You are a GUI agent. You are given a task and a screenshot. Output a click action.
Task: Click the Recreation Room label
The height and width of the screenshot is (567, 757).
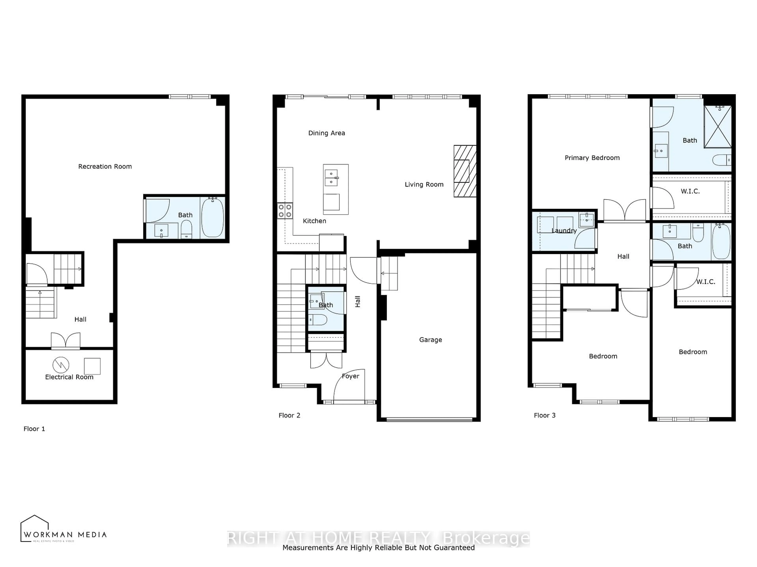pyautogui.click(x=105, y=166)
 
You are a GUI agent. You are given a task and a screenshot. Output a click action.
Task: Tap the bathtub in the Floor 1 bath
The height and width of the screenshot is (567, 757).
pyautogui.click(x=213, y=218)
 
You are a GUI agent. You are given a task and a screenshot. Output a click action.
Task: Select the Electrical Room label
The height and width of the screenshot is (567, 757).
pyautogui.click(x=69, y=377)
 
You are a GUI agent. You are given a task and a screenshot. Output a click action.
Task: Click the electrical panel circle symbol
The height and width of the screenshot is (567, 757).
pyautogui.click(x=61, y=365)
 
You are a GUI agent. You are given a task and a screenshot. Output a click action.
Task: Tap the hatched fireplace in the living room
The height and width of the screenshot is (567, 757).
pyautogui.click(x=465, y=171)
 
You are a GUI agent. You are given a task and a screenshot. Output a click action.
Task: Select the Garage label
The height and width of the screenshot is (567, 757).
pyautogui.click(x=430, y=340)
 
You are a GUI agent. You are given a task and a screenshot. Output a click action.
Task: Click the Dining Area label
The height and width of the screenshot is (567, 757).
pyautogui.click(x=326, y=133)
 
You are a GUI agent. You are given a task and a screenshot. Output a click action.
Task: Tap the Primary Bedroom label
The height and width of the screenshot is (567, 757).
pyautogui.click(x=592, y=157)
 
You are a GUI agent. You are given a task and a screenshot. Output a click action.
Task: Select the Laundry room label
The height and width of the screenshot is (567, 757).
pyautogui.click(x=564, y=231)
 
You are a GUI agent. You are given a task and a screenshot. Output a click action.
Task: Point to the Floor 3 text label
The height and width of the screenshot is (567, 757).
pyautogui.click(x=544, y=415)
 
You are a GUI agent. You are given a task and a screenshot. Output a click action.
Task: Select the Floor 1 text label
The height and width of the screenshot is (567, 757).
pyautogui.click(x=34, y=429)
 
